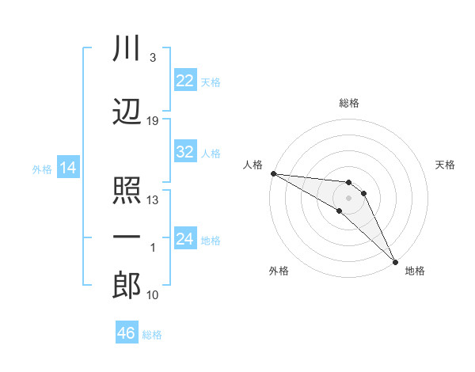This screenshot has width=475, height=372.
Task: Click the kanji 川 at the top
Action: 127,47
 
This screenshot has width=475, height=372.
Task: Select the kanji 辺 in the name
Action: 127,112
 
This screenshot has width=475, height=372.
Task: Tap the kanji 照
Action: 127,190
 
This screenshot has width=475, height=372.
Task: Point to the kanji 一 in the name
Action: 127,237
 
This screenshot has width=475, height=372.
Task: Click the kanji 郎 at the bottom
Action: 127,285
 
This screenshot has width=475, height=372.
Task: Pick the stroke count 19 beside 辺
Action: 152,121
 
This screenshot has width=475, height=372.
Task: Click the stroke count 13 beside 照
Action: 152,200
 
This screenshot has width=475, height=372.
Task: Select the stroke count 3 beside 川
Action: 153,58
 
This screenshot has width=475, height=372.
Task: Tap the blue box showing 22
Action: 185,80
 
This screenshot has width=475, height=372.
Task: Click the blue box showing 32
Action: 185,151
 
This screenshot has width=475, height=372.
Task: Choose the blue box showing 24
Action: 185,237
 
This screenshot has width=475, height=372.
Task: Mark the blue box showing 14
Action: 68,167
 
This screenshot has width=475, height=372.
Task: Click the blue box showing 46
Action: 127,332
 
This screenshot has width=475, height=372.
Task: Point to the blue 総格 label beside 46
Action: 152,335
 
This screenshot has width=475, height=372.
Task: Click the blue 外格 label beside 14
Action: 42,169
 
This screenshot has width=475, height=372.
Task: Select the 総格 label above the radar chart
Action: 349,103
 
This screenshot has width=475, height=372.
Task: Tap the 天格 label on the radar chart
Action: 445,165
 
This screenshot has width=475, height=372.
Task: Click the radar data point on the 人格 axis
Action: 274,173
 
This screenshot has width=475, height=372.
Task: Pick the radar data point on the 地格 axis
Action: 395,262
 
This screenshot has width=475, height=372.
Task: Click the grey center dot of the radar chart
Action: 348,198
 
